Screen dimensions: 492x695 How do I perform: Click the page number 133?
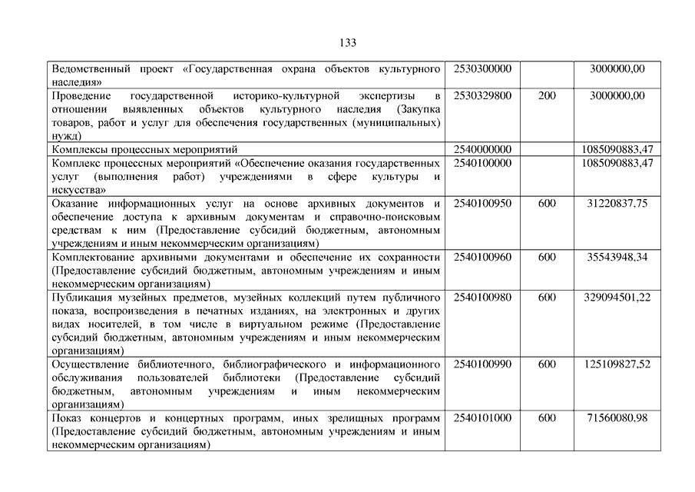pyautogui.click(x=347, y=42)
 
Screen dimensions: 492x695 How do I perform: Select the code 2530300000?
pyautogui.click(x=482, y=69)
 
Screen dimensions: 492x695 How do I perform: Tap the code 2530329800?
pyautogui.click(x=482, y=96)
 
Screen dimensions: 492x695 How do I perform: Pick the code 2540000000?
pyautogui.click(x=482, y=149)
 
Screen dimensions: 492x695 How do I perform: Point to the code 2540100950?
pyautogui.click(x=482, y=203)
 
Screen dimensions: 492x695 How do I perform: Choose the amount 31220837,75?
pyautogui.click(x=617, y=203)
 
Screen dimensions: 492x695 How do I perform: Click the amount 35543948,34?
pyautogui.click(x=617, y=257)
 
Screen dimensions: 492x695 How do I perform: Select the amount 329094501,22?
pyautogui.click(x=617, y=298)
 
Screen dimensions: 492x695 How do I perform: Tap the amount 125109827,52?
pyautogui.click(x=617, y=364)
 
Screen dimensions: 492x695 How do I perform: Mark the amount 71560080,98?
pyautogui.click(x=617, y=418)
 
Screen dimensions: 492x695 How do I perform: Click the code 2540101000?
pyautogui.click(x=482, y=418)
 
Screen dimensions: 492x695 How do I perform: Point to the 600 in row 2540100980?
pyautogui.click(x=547, y=298)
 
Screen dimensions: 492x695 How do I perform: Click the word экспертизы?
pyautogui.click(x=386, y=96)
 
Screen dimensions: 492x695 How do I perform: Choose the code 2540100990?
pyautogui.click(x=482, y=364)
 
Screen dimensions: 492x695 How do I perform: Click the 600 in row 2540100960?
pyautogui.click(x=547, y=257)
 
